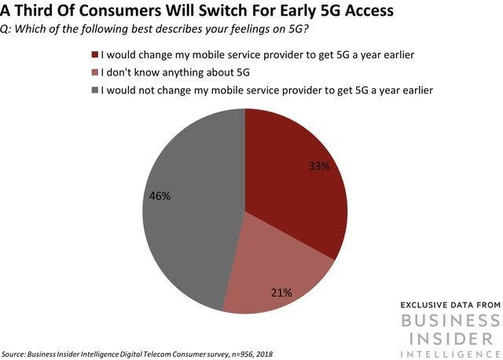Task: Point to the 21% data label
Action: (281, 292)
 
